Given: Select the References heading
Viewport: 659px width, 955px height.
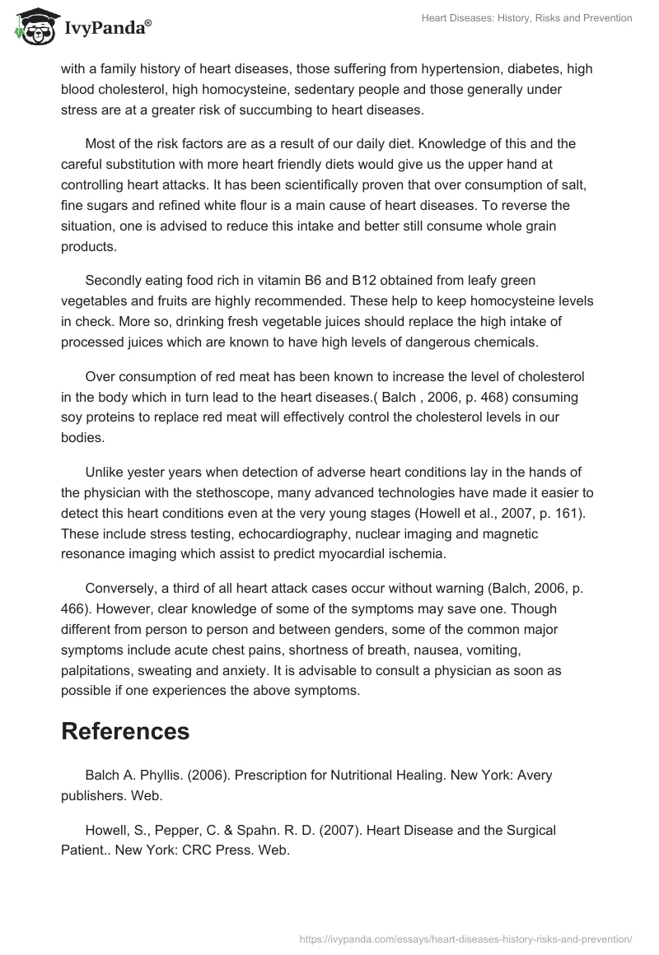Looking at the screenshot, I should click(x=125, y=730).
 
